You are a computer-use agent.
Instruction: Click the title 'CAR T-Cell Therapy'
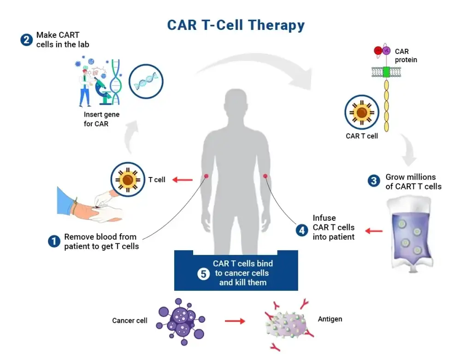[x=236, y=24]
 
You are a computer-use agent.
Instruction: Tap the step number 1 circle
[x=54, y=241]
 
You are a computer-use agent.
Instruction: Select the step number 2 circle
[x=26, y=40]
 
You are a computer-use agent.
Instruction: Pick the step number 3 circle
[x=374, y=181]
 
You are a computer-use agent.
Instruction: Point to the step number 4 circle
[x=302, y=230]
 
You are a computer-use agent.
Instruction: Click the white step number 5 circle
[x=204, y=274]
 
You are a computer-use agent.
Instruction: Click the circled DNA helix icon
[x=146, y=82]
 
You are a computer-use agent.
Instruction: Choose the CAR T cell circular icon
[x=362, y=112]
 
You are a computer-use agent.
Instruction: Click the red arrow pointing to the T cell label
[x=183, y=180]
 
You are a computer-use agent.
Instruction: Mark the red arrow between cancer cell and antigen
[x=235, y=321]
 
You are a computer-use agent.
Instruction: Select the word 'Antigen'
[x=330, y=319]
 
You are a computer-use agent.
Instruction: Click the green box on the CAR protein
[x=386, y=72]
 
